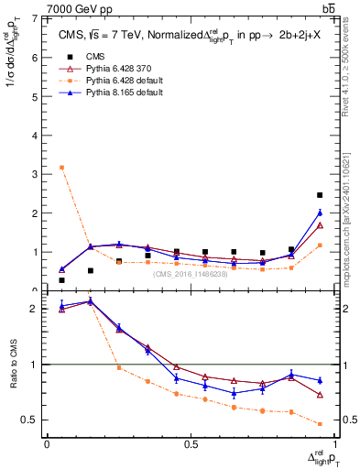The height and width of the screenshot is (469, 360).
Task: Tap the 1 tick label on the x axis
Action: click(x=332, y=444)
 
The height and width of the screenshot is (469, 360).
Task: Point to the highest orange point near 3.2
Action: click(x=61, y=167)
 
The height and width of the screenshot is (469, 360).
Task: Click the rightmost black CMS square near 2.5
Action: click(x=319, y=195)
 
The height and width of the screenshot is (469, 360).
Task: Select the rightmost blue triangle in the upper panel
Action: click(x=319, y=213)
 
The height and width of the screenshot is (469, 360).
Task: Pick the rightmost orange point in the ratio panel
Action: click(x=319, y=424)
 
